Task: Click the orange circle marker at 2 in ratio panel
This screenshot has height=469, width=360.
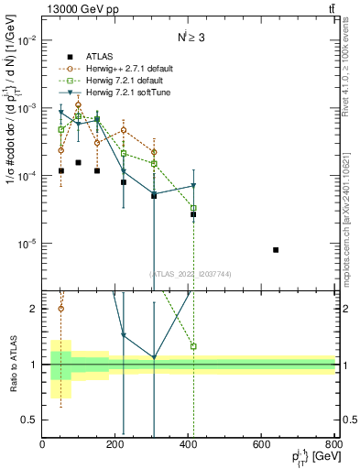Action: point(60,309)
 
